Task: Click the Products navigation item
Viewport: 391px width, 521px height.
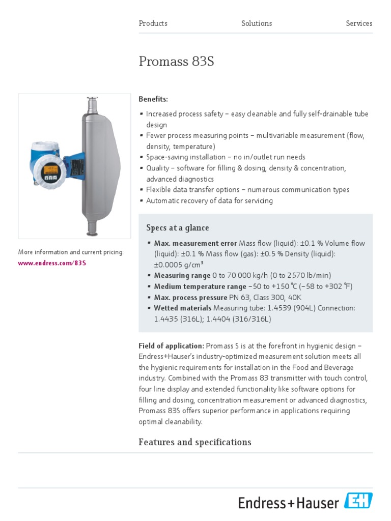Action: tap(153, 23)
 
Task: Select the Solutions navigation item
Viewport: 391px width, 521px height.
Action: tap(257, 23)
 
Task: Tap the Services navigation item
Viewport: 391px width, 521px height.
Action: tap(359, 23)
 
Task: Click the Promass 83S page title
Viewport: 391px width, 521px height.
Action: tap(176, 62)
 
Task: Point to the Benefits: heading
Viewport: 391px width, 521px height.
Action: tap(153, 99)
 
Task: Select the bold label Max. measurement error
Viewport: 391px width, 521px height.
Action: tap(195, 243)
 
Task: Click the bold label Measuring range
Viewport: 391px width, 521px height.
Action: tap(182, 276)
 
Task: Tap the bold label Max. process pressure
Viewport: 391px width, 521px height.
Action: tap(190, 297)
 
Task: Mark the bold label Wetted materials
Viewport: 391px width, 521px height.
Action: tap(183, 308)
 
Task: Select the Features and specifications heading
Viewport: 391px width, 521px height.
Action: tap(195, 442)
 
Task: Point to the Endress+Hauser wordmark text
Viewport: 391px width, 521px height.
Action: tap(289, 503)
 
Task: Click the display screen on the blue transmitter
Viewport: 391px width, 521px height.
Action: tap(50, 170)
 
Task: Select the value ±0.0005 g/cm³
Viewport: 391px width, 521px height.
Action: tap(179, 265)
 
